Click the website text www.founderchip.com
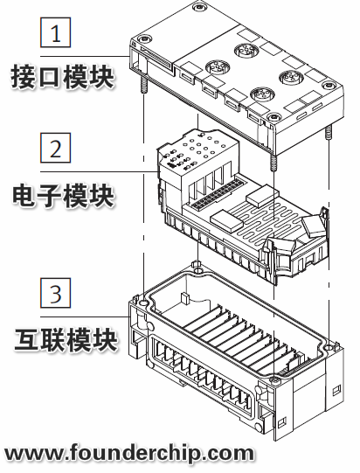pos(130,453)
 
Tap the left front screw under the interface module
pos(140,85)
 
